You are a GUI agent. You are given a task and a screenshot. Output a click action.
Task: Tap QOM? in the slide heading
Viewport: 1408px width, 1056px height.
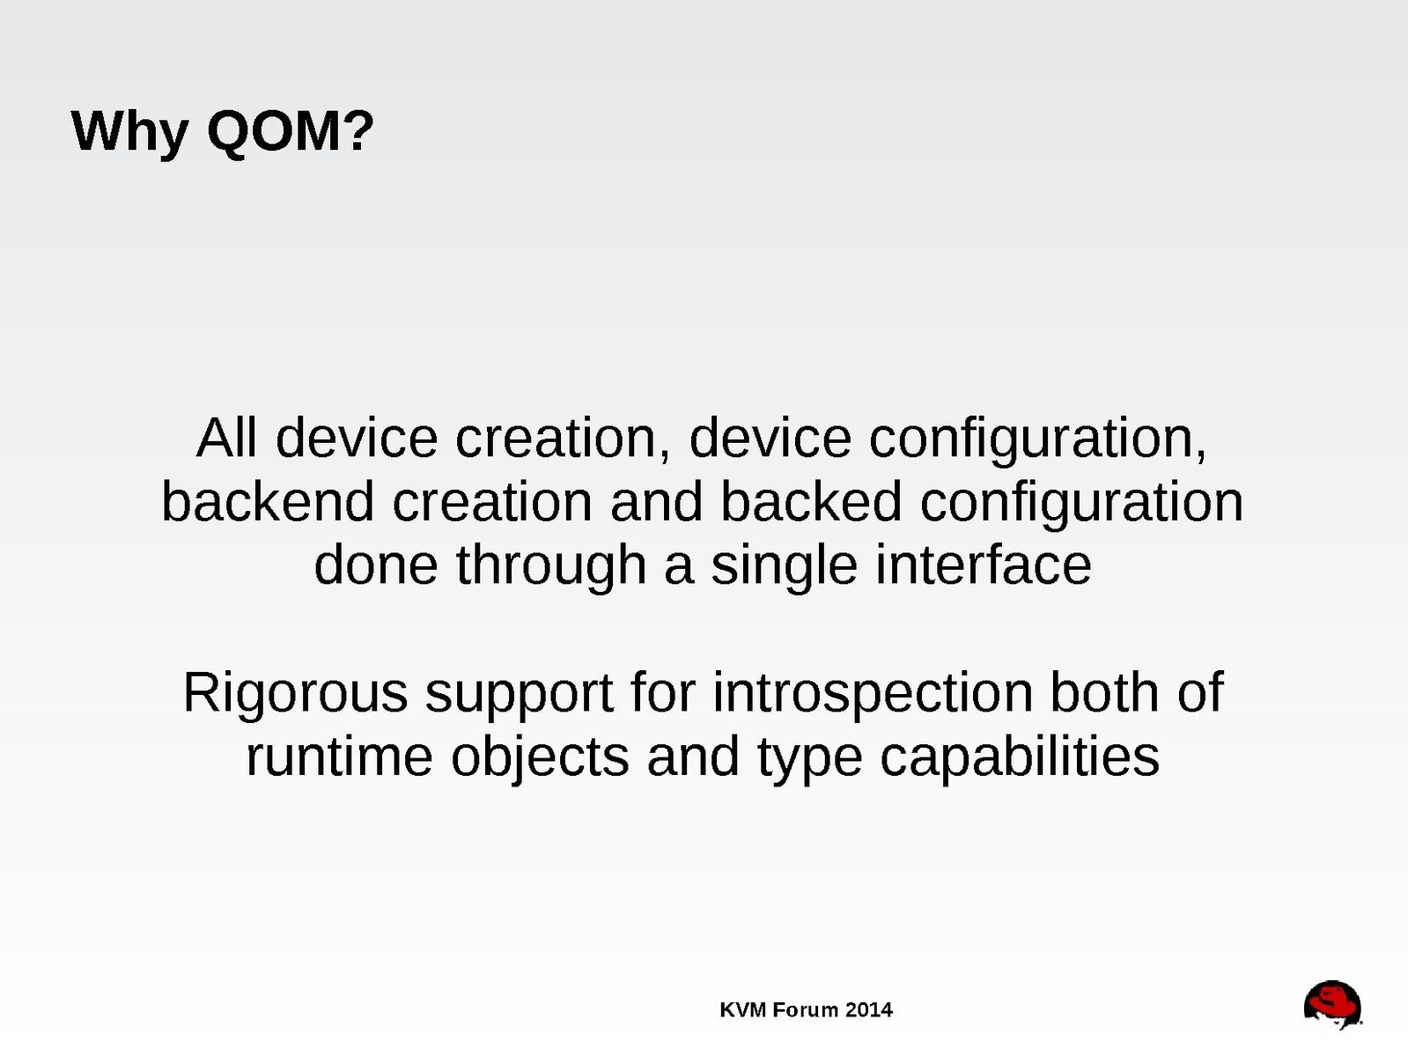[291, 131]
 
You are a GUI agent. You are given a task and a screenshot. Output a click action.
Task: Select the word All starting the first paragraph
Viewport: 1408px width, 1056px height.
[226, 438]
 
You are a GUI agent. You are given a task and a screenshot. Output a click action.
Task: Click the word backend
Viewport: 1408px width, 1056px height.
[268, 501]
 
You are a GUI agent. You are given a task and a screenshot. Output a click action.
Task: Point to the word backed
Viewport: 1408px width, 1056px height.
[812, 501]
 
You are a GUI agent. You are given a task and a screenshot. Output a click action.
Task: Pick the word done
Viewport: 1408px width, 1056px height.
[376, 565]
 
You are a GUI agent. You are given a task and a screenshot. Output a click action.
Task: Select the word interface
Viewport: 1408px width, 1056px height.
[983, 565]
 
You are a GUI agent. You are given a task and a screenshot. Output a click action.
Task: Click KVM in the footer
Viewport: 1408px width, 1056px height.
[743, 1009]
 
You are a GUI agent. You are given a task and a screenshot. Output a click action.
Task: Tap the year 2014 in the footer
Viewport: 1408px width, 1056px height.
[869, 1009]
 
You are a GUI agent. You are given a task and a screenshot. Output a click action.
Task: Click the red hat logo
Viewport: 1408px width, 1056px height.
[1331, 1004]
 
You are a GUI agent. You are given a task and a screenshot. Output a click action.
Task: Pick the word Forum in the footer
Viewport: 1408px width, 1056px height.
[806, 1009]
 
